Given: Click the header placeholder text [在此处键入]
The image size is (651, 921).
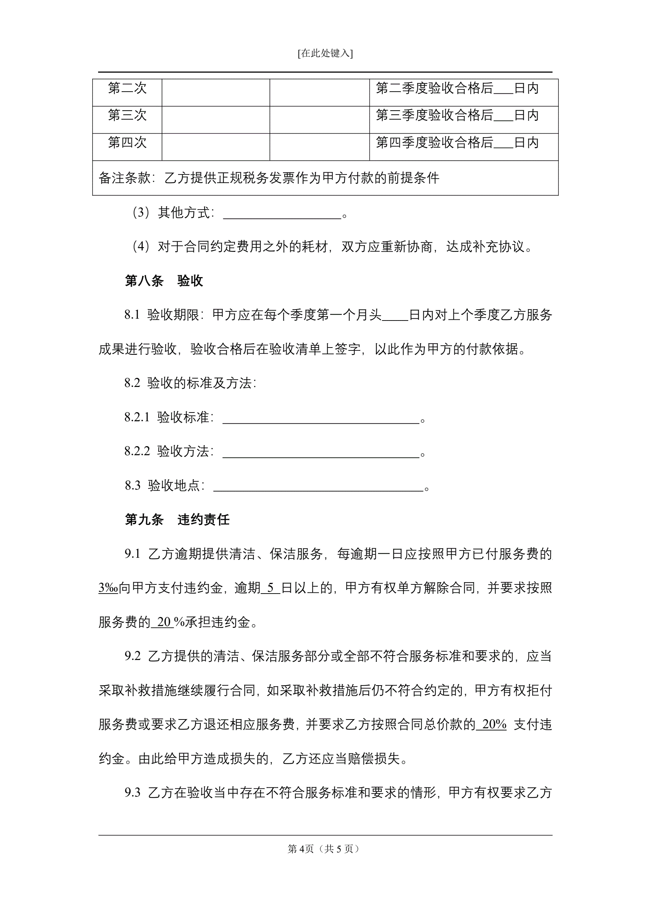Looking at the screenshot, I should point(325,53).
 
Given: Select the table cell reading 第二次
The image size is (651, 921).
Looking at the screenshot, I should point(127,88).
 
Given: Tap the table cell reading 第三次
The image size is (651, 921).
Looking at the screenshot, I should point(127,115).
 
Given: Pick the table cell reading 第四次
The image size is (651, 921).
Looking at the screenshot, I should point(127,142).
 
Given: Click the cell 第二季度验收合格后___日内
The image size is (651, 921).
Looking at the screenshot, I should point(457,88).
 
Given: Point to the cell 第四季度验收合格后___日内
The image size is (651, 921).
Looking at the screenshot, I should point(457,142).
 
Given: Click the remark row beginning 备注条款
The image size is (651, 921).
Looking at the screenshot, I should point(268,178).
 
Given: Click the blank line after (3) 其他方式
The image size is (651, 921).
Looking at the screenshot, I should point(282,214).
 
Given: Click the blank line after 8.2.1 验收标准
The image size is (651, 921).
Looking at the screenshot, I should point(321,418).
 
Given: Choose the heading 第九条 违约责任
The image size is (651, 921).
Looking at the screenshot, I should point(177,520).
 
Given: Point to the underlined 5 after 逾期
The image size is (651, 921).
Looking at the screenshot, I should point(271,588).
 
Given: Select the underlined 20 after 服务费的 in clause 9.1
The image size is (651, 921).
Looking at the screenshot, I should point(163,622).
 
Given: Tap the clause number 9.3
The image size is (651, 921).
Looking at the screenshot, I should point(132,793).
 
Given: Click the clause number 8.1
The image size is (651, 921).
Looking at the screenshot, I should point(132,315).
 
